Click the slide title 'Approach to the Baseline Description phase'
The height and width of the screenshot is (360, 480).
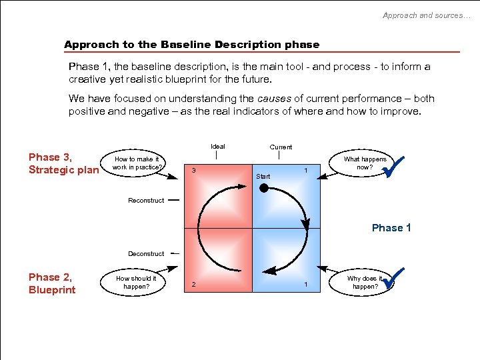(x=191, y=45)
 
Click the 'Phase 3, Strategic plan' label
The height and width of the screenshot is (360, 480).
(x=63, y=163)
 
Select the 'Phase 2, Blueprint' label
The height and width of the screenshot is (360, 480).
(x=52, y=283)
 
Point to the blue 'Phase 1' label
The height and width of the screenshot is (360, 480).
(x=391, y=228)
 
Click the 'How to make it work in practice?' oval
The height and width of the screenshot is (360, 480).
(x=137, y=163)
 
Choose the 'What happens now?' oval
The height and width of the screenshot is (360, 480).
(x=364, y=163)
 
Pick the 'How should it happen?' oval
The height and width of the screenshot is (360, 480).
(x=136, y=283)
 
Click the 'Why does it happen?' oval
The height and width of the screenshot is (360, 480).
(x=364, y=283)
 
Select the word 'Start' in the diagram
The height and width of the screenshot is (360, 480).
(x=263, y=177)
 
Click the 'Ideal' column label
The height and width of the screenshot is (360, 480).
(x=217, y=147)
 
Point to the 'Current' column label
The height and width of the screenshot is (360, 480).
(x=281, y=147)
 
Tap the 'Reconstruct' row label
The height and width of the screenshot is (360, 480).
(x=146, y=201)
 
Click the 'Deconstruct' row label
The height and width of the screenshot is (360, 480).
(x=146, y=254)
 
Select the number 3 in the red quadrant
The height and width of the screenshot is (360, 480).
(x=193, y=170)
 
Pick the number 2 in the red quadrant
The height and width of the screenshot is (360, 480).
(x=193, y=285)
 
